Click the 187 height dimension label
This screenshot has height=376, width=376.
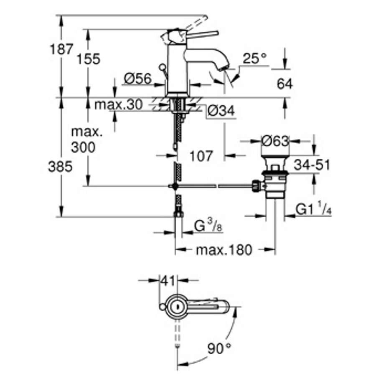coord(61,50)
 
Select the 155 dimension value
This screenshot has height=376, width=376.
coord(88,59)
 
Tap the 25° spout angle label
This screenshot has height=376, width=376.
coord(255,59)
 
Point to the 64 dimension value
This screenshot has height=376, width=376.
coord(285,84)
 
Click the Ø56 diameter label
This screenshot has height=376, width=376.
coord(137,79)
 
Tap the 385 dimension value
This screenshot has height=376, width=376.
coord(61,167)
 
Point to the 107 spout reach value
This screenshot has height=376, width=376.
coord(201,156)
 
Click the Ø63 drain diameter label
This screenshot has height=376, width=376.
coord(275,141)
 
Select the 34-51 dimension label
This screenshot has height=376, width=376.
coord(311,165)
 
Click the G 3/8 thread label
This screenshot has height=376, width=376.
coord(208,227)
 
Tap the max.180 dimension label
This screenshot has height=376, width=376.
coord(224,250)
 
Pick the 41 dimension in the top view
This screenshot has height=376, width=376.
coord(169,281)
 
